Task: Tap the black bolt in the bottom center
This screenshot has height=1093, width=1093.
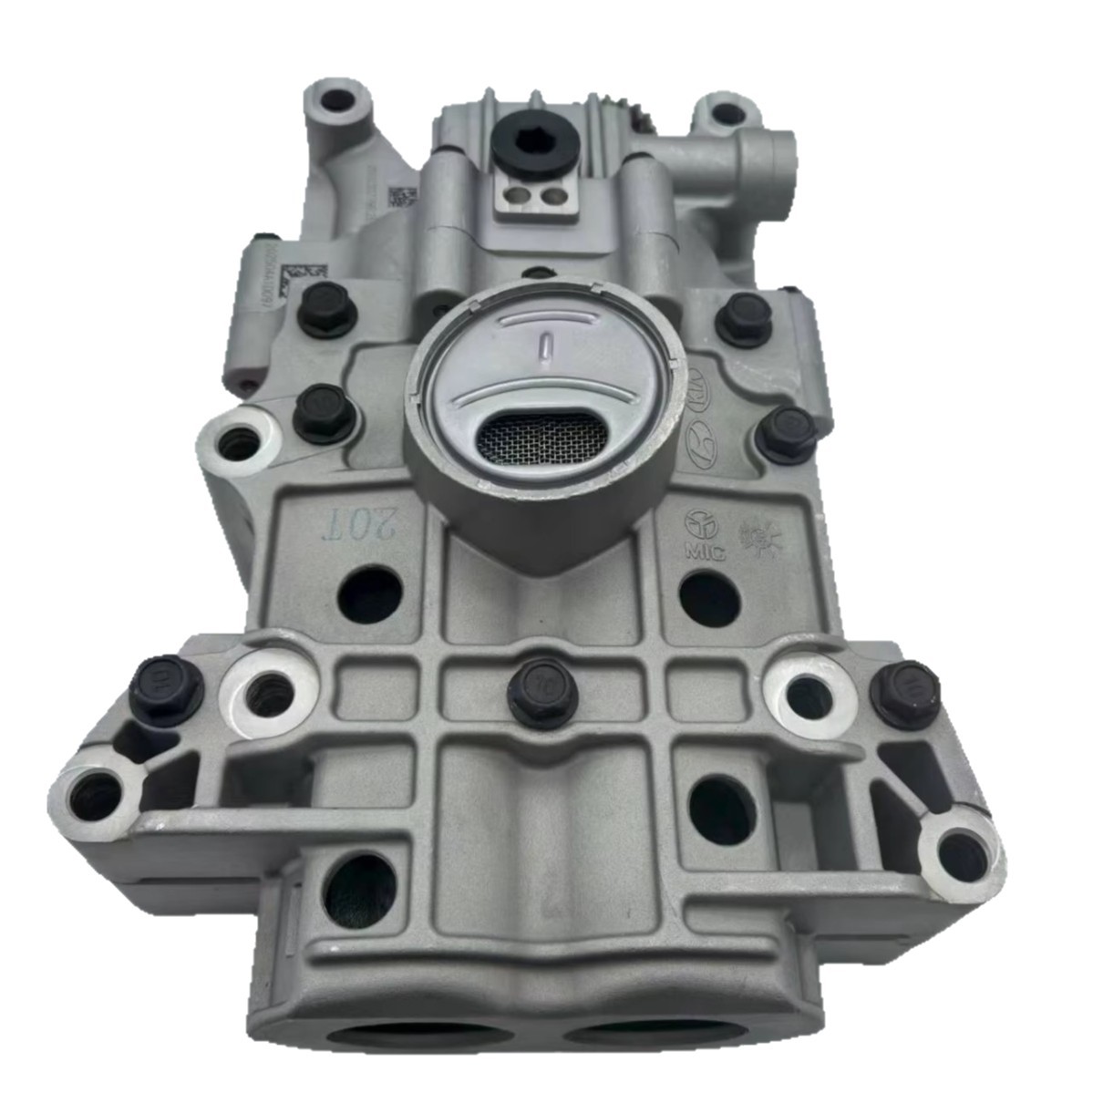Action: [542, 690]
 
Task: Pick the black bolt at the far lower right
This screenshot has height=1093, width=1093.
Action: [905, 693]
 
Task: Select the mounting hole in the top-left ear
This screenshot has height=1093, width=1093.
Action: [337, 98]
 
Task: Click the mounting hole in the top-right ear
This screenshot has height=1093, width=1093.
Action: [727, 114]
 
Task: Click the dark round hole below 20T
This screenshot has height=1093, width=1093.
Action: [370, 594]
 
